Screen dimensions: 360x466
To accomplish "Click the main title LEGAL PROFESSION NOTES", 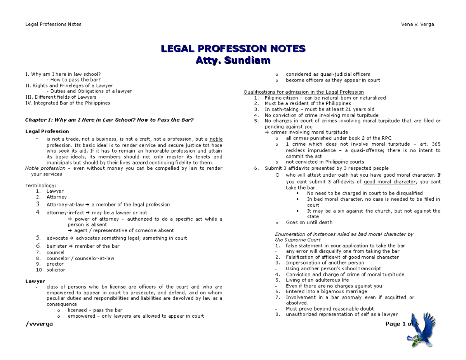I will click(x=233, y=49).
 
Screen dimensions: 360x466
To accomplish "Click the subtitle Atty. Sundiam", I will click(x=233, y=61).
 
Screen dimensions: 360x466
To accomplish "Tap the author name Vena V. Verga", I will click(x=417, y=24).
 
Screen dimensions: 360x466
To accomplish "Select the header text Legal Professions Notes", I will click(x=53, y=24).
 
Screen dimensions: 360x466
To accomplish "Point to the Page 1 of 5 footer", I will click(x=402, y=324).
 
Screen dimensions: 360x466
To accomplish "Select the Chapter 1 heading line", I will click(x=109, y=120).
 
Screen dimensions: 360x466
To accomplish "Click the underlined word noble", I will click(x=216, y=139).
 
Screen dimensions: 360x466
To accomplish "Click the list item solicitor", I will click(x=56, y=270).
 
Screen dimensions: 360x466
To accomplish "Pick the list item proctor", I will click(x=55, y=264).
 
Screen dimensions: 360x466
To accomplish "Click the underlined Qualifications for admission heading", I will click(x=303, y=92).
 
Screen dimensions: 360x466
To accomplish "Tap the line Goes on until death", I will click(x=309, y=223).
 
